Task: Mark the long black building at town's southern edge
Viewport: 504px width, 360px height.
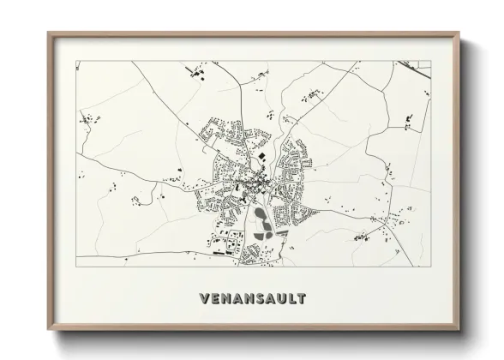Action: point(220,255)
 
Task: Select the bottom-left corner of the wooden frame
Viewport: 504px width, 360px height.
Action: point(48,329)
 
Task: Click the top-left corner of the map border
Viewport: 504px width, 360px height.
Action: point(76,61)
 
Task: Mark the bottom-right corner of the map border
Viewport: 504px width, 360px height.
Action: point(430,267)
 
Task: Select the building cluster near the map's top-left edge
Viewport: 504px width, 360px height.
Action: point(190,75)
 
